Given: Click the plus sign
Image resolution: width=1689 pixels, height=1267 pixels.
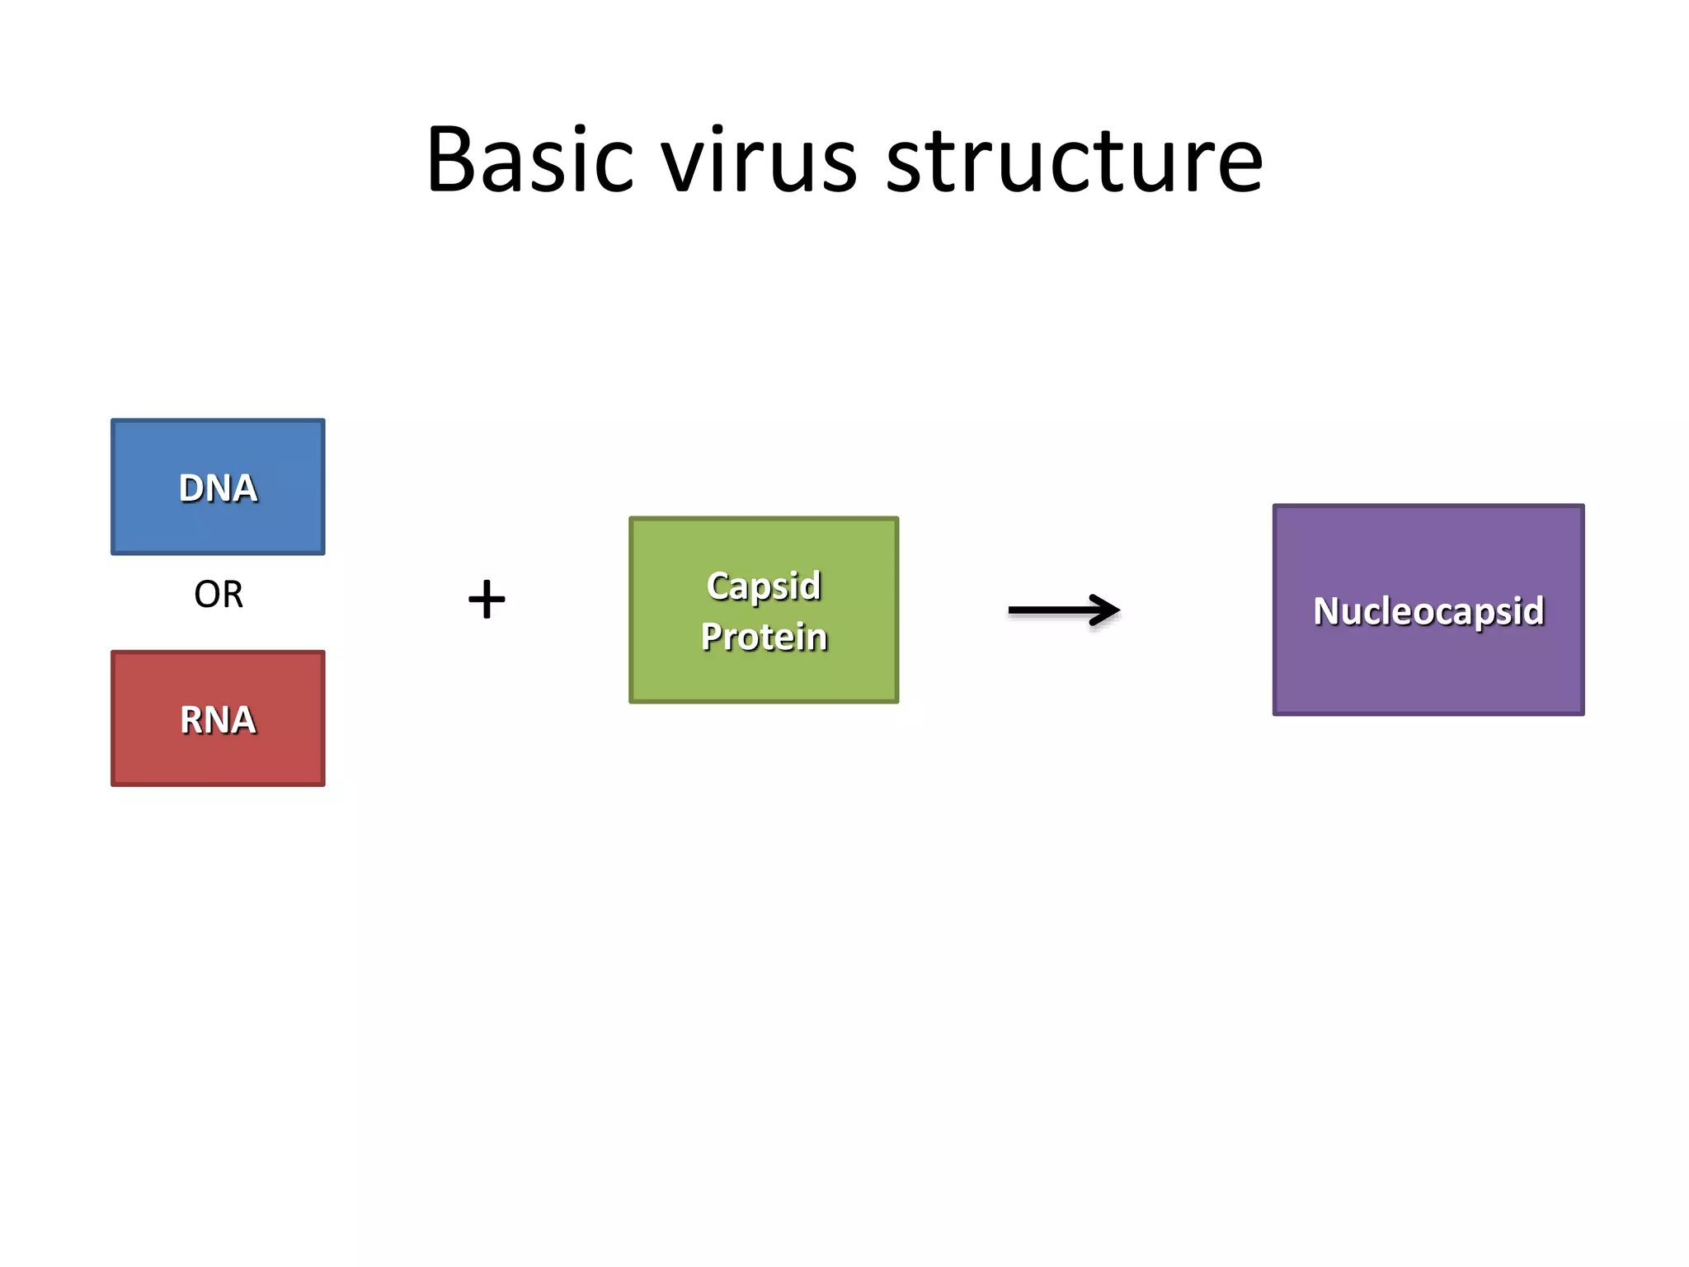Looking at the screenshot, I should click(487, 599).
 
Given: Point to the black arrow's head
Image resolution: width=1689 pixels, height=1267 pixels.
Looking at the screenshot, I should click(1108, 610).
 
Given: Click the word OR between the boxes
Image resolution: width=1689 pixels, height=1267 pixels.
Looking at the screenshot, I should click(219, 595).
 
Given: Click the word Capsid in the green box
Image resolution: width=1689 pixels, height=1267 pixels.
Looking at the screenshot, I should click(764, 586).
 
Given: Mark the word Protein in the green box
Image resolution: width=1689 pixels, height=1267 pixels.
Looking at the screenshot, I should click(764, 637).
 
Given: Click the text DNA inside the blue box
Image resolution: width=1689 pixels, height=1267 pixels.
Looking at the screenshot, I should click(218, 488).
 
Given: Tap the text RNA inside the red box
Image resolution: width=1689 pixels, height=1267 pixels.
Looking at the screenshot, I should click(218, 720).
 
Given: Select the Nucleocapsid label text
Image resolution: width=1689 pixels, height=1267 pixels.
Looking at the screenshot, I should click(1428, 611).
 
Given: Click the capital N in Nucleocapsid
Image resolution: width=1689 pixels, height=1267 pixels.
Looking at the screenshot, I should click(1328, 611).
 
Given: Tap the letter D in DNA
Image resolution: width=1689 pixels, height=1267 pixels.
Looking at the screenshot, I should click(191, 488).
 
